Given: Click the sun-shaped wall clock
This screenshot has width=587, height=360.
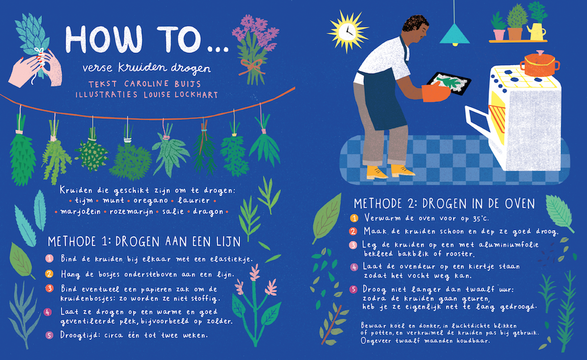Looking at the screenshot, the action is pyautogui.click(x=348, y=32).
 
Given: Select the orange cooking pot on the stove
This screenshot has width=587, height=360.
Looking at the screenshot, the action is pyautogui.click(x=539, y=64).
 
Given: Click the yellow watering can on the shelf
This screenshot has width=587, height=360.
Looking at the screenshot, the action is pyautogui.click(x=537, y=32).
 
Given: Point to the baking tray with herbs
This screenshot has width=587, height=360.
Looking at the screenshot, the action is pyautogui.click(x=449, y=83).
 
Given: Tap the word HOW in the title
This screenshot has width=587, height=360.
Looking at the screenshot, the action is pyautogui.click(x=104, y=39).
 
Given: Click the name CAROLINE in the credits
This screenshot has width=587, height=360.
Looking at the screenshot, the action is pyautogui.click(x=146, y=84).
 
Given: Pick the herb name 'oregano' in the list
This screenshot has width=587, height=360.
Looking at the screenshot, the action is pyautogui.click(x=151, y=201).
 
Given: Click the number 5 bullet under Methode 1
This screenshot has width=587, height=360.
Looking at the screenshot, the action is pyautogui.click(x=49, y=335).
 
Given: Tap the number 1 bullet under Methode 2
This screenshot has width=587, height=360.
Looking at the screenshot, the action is pyautogui.click(x=354, y=218).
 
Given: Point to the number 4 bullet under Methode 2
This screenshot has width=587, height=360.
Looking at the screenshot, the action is pyautogui.click(x=354, y=267).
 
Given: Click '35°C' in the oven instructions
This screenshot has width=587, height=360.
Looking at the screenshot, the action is pyautogui.click(x=478, y=218).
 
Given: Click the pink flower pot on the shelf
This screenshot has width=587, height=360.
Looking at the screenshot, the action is pyautogui.click(x=499, y=35).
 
